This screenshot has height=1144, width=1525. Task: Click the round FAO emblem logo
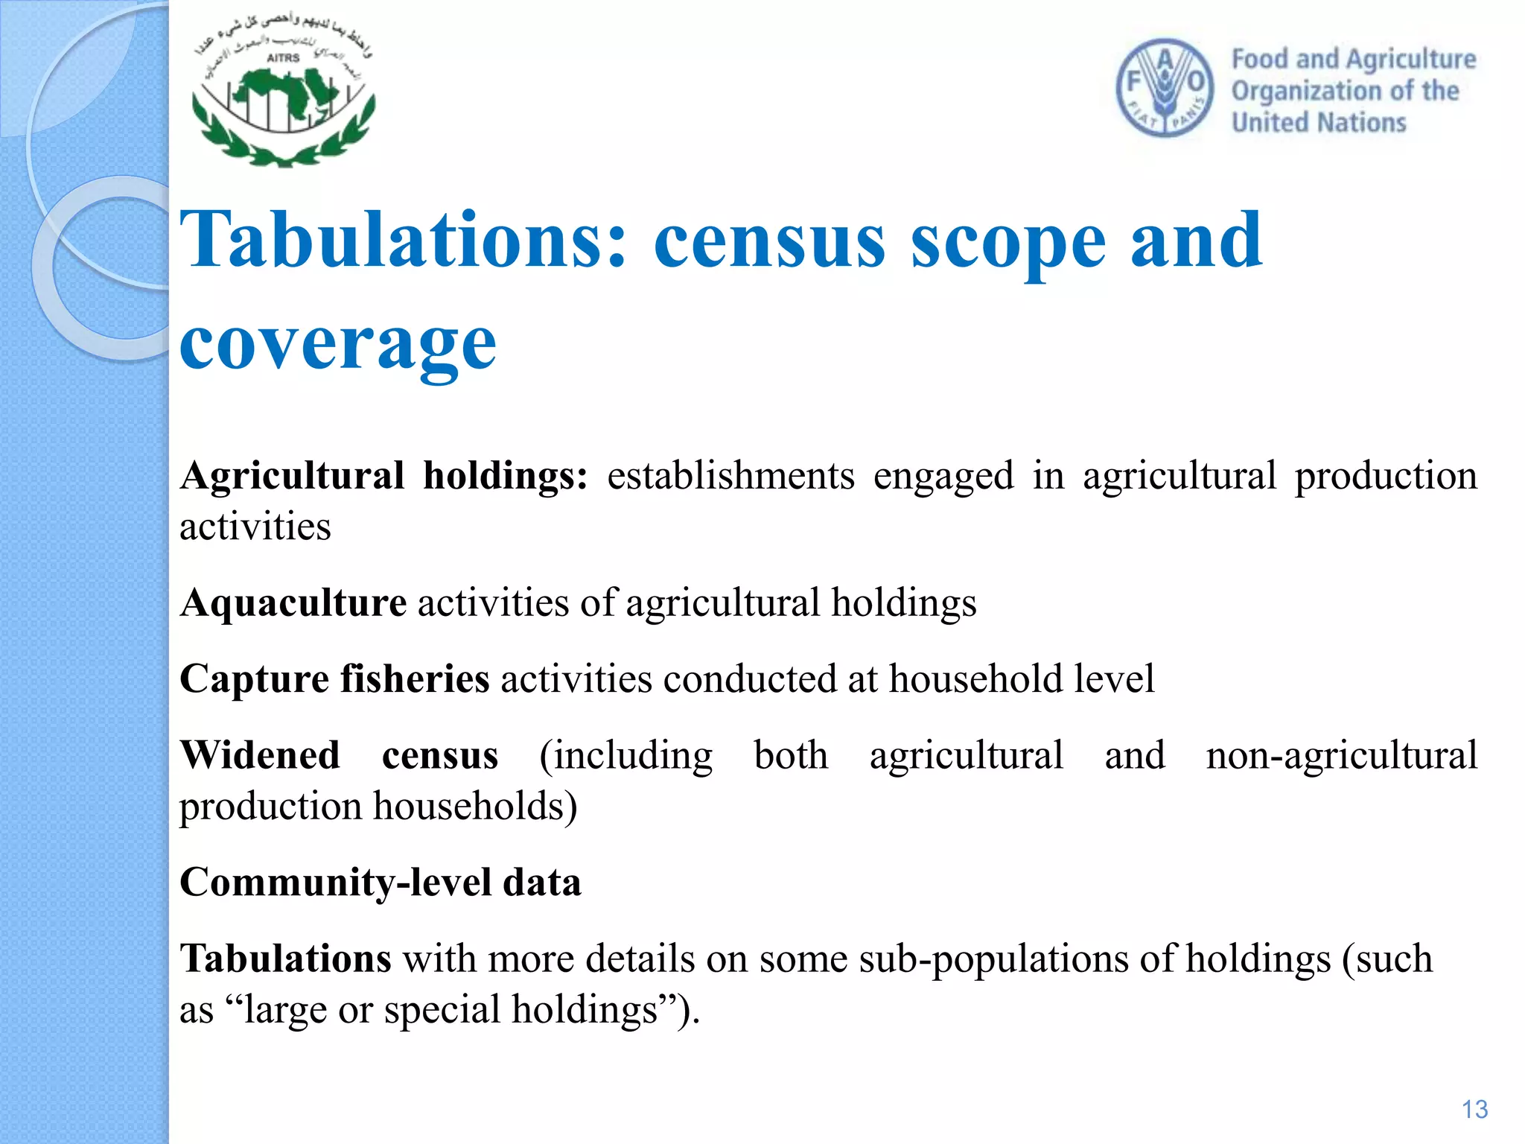(x=1165, y=88)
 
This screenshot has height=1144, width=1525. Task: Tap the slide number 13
(x=1474, y=1109)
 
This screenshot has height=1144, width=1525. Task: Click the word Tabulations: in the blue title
(x=403, y=240)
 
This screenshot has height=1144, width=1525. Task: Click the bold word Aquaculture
(x=293, y=603)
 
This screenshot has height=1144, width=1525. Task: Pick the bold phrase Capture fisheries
(x=334, y=679)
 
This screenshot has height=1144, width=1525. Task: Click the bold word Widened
(x=260, y=755)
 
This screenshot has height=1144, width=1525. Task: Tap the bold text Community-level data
(x=380, y=883)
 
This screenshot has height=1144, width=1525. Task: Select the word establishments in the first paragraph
(x=730, y=476)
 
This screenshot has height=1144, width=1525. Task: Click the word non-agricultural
(x=1341, y=755)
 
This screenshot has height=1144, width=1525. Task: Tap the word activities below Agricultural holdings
(x=255, y=527)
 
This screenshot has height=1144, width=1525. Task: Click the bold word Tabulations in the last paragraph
(x=285, y=959)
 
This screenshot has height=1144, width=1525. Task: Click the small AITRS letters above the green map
(x=283, y=58)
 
